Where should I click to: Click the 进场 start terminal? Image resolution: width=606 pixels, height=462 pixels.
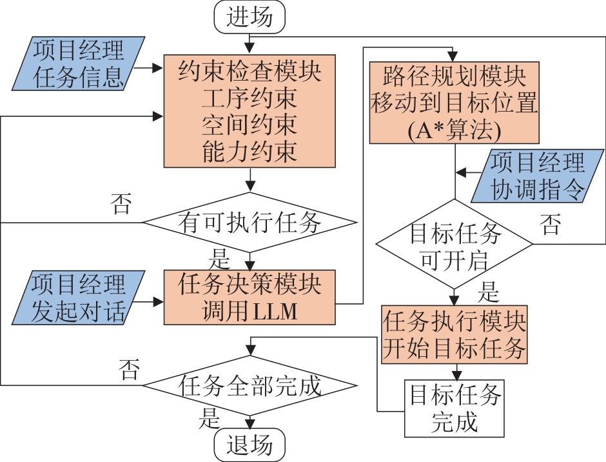click(249, 17)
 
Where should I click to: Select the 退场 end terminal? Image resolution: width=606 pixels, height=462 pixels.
click(249, 446)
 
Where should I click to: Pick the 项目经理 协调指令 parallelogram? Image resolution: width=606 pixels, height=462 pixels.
click(536, 176)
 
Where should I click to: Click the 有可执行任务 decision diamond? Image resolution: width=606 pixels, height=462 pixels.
click(249, 223)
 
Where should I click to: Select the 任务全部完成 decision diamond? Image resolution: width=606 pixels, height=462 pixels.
click(249, 386)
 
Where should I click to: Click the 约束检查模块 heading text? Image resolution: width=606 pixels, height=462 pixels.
click(249, 70)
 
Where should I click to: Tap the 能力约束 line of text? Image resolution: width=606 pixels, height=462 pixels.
click(249, 153)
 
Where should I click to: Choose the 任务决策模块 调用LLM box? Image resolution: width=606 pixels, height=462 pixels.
click(249, 297)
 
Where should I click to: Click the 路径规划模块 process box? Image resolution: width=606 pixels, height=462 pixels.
click(454, 102)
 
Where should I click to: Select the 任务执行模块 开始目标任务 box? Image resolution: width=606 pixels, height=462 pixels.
click(454, 336)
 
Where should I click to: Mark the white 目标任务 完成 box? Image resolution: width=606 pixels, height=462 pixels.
click(454, 408)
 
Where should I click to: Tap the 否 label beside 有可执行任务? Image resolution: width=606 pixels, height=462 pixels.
click(122, 205)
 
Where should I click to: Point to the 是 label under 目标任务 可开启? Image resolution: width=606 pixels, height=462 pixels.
click(488, 293)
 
